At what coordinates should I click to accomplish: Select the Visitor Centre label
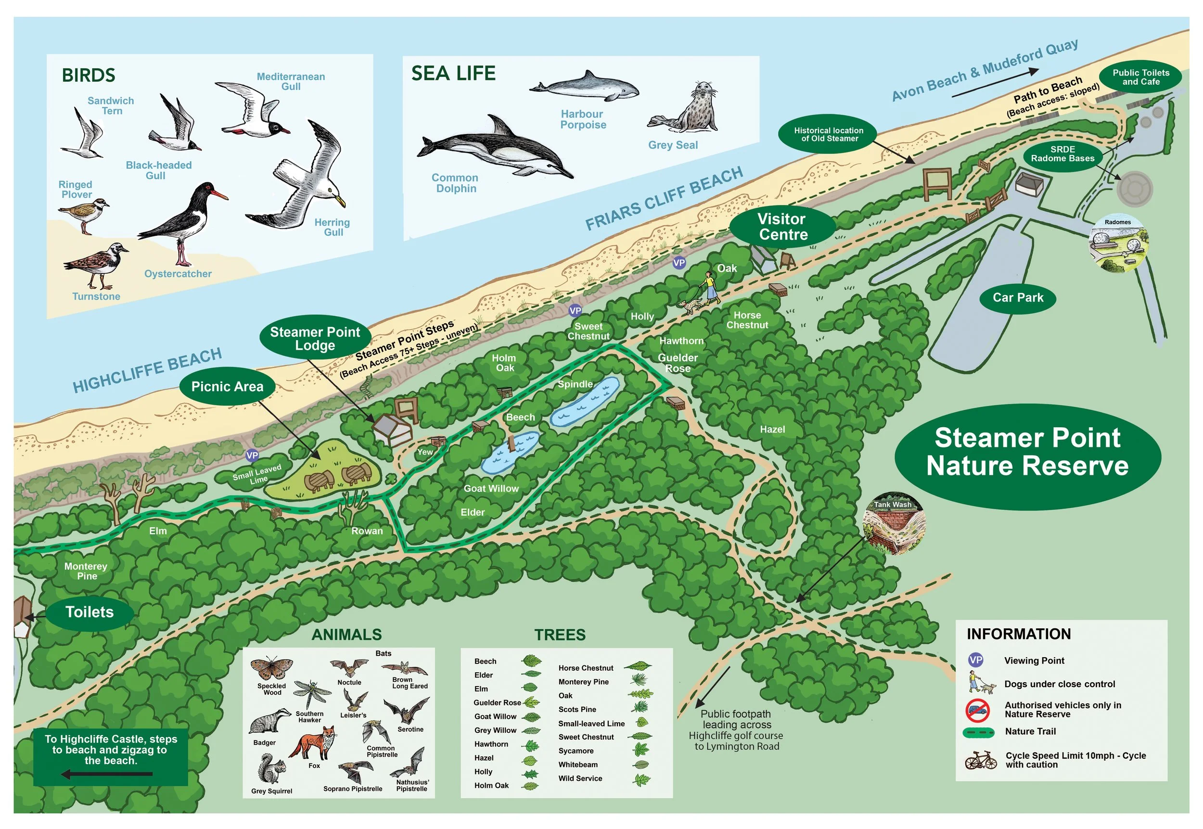[782, 227]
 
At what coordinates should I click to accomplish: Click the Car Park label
[1018, 298]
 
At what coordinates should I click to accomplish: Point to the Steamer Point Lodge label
[315, 338]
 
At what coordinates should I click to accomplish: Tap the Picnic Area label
[227, 386]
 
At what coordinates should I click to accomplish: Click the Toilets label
[90, 612]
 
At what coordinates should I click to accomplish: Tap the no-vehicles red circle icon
[977, 710]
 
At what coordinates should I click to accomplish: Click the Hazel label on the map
[772, 430]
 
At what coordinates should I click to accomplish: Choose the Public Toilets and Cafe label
[1140, 77]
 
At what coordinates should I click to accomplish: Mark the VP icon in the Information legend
[975, 660]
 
